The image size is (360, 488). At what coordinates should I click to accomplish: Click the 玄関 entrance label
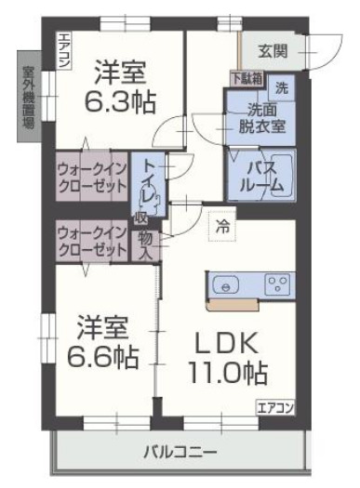(273, 50)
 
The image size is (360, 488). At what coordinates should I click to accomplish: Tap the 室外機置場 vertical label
(28, 97)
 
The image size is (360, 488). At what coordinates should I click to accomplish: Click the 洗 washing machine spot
(281, 89)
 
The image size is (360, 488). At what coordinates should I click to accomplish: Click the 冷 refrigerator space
(222, 225)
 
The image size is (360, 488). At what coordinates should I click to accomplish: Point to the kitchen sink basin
(230, 284)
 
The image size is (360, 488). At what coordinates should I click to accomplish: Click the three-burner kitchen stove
(276, 284)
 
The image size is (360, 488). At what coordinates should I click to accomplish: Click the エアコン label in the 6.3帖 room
(64, 48)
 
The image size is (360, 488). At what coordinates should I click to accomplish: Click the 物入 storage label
(147, 246)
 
